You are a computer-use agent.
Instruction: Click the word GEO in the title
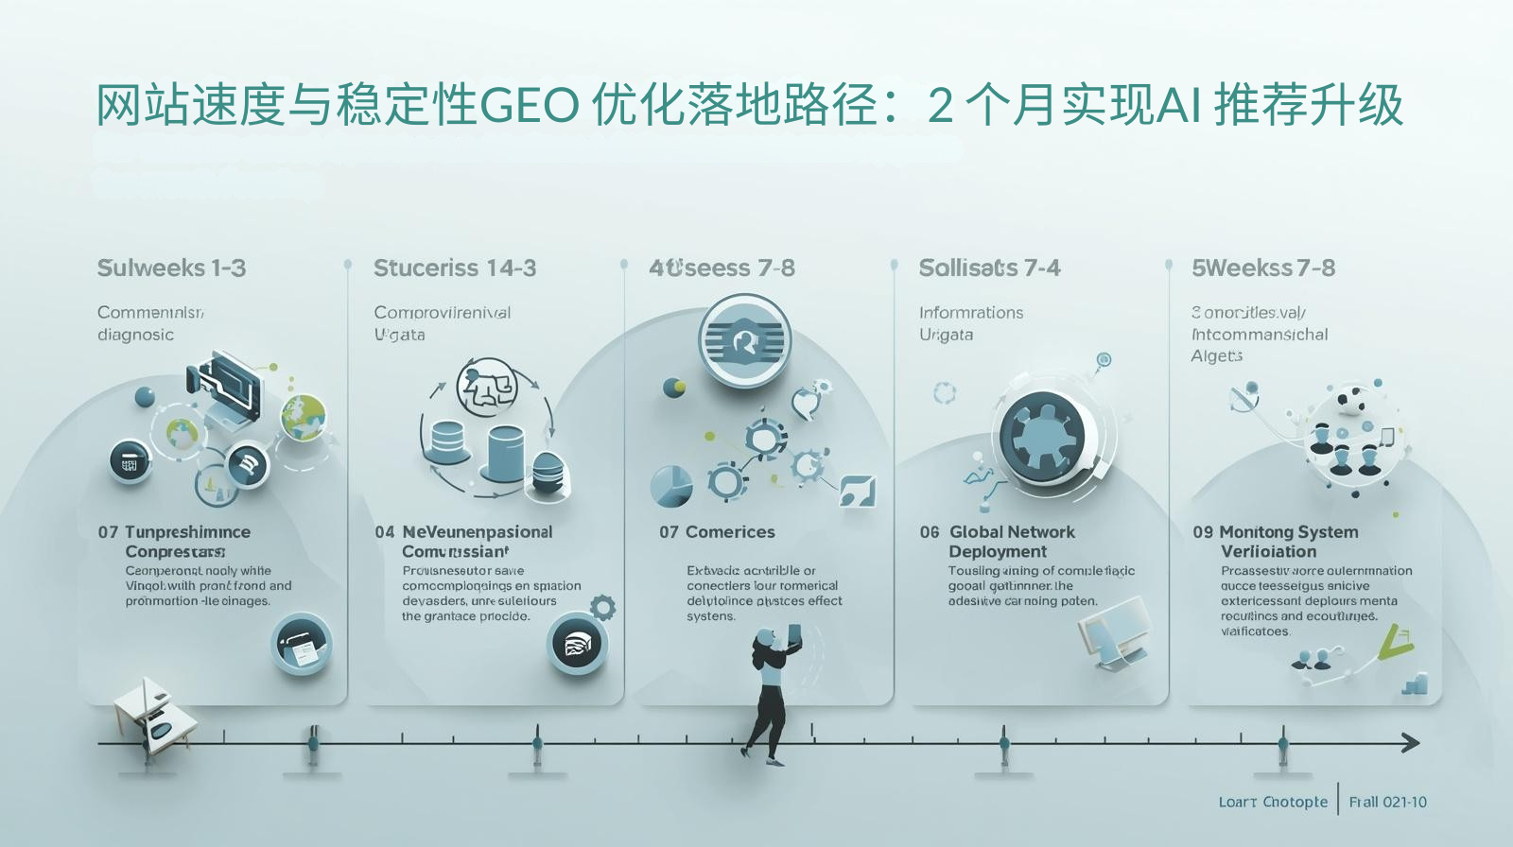[x=530, y=105]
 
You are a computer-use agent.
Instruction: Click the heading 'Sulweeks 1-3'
[x=171, y=268]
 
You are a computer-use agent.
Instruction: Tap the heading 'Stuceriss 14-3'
[x=455, y=268]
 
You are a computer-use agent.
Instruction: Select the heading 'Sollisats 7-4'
[x=989, y=268]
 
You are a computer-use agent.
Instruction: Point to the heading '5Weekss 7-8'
[x=1263, y=268]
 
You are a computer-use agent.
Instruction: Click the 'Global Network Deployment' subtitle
[x=1011, y=542]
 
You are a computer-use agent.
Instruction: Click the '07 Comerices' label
[x=717, y=532]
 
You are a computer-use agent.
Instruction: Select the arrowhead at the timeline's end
[x=1410, y=743]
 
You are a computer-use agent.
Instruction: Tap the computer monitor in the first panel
[x=232, y=383]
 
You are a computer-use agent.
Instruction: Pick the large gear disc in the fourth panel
[x=1042, y=437]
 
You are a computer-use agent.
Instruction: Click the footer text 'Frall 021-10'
[x=1387, y=802]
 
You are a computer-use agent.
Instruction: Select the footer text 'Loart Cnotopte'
[x=1273, y=802]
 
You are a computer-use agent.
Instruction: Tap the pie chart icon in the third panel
[x=671, y=486]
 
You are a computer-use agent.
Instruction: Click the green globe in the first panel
[x=304, y=417]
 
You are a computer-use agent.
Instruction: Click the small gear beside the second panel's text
[x=602, y=607]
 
